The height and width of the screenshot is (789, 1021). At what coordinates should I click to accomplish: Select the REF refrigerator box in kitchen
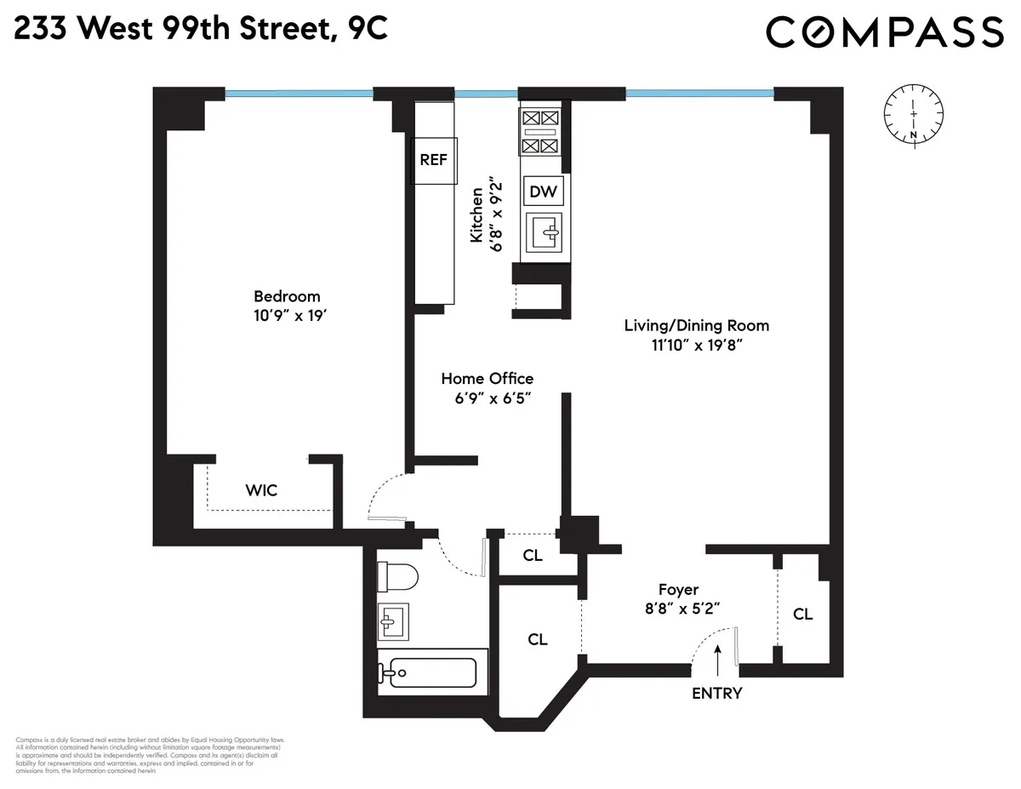click(434, 160)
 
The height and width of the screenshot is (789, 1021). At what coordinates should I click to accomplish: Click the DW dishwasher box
click(544, 192)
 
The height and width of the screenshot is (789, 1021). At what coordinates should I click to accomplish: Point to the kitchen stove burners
click(540, 132)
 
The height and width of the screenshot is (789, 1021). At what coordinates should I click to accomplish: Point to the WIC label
click(261, 490)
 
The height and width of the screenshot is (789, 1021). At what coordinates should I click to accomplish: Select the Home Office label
click(487, 379)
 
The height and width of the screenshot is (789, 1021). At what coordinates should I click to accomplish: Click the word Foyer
click(678, 590)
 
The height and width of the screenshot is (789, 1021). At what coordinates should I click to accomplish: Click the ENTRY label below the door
click(716, 693)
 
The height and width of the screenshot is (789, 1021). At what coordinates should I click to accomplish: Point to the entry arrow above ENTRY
click(719, 659)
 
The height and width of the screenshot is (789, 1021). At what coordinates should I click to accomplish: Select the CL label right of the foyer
click(802, 614)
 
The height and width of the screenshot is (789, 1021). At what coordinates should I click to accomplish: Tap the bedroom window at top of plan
click(299, 94)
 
